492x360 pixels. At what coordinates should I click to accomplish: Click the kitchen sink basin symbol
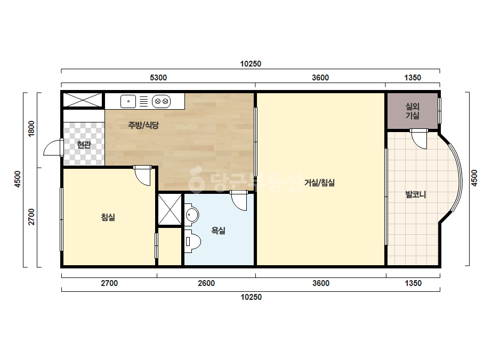tap(128, 101)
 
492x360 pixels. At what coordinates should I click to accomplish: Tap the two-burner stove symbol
tap(162, 101)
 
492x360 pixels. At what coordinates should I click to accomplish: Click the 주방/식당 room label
tap(143, 125)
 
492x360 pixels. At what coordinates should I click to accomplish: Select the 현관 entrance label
tap(84, 144)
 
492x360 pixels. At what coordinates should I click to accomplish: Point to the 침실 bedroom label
tap(108, 217)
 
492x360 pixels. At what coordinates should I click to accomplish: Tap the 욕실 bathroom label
tap(219, 231)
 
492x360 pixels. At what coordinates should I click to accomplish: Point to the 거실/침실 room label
tap(320, 183)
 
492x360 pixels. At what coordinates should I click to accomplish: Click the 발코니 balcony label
tap(416, 194)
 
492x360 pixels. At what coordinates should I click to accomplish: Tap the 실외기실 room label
tap(412, 111)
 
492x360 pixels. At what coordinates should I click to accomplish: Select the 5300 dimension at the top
tap(158, 77)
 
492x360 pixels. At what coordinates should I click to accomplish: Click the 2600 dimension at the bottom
tap(206, 283)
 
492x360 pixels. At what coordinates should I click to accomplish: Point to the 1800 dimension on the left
tap(31, 128)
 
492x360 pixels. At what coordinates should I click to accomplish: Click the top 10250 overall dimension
tap(251, 64)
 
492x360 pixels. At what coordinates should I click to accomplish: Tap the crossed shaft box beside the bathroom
tap(170, 209)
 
